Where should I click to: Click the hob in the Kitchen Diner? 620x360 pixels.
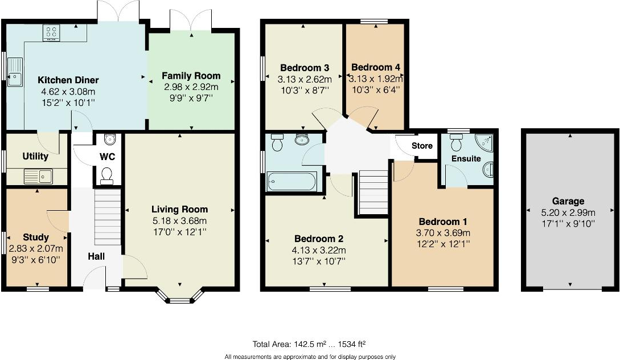[51, 33]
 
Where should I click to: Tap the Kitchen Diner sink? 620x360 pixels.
[15, 72]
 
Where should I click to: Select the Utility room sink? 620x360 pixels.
[38, 177]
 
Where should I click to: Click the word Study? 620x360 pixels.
[36, 238]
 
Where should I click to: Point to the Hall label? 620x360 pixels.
[96, 256]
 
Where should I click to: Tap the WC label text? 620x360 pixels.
[107, 157]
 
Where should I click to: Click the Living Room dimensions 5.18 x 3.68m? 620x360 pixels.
[179, 221]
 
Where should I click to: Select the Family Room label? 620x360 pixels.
[191, 76]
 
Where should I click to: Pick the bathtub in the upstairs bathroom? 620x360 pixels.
[292, 181]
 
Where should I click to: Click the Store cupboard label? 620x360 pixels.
[422, 146]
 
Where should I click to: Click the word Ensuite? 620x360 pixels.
[466, 158]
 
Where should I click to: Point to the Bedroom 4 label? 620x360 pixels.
[376, 67]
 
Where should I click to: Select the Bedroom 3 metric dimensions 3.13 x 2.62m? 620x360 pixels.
[305, 79]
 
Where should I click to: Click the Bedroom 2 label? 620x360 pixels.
[319, 239]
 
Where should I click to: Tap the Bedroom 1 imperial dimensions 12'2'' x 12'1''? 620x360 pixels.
[443, 244]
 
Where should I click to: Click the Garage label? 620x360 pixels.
[568, 201]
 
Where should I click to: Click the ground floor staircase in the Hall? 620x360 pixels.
[108, 217]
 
